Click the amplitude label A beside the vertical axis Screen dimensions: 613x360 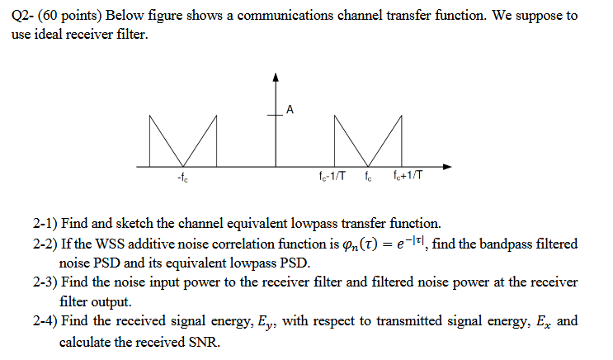(290, 108)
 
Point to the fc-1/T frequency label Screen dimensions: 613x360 (330, 177)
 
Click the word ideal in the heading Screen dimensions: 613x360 (53, 36)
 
